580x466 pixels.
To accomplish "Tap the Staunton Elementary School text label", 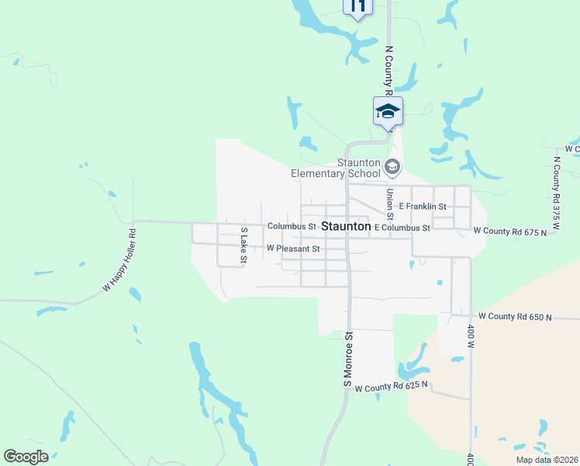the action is point(337,168).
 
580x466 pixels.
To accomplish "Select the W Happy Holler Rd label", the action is point(119,260).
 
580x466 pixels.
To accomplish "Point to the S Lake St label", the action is point(243,245).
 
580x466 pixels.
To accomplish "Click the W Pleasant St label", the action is point(293,249).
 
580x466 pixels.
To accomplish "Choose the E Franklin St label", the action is point(423,207).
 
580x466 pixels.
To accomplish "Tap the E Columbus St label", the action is point(402,228).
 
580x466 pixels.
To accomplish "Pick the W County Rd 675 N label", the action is point(509,231).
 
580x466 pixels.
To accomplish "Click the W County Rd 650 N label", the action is point(516,316).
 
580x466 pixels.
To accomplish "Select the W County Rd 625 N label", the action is point(392,386).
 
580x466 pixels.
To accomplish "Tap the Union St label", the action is point(390,203).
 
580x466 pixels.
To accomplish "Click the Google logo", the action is point(26,457).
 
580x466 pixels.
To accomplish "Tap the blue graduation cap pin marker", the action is point(388,111).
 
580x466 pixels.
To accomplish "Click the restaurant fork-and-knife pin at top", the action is point(357,7).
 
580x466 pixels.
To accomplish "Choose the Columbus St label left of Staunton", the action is point(292,226).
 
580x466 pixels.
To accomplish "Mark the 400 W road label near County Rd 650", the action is point(471,334).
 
